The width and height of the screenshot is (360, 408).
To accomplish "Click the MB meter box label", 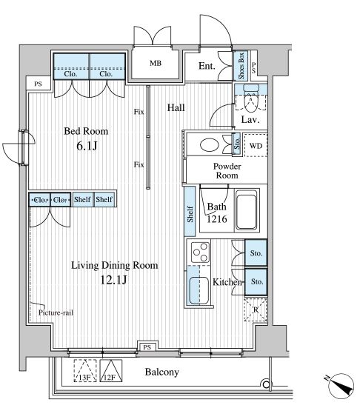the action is click(x=156, y=63).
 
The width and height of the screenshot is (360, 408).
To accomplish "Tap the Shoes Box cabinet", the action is click(x=241, y=66).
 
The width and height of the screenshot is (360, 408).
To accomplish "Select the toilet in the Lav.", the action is click(x=251, y=98).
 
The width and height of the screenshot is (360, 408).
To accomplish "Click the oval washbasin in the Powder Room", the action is click(x=210, y=145).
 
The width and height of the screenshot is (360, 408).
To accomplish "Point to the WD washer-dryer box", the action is click(x=256, y=145).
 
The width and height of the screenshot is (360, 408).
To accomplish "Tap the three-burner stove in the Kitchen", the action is click(x=200, y=253).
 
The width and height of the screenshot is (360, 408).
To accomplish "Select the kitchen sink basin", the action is click(x=199, y=290).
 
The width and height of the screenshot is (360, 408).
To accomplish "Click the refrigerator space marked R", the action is click(x=256, y=310).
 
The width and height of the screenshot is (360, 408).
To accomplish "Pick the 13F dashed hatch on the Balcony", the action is click(x=85, y=371).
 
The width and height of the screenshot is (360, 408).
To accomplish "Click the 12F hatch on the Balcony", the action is click(x=111, y=371).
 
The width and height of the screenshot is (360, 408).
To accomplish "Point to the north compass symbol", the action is click(x=341, y=387).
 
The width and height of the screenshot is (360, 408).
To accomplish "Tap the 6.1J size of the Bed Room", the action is click(x=87, y=146).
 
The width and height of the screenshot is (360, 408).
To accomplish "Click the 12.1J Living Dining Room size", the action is click(x=114, y=280).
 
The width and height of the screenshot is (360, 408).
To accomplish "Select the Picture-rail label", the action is click(x=56, y=312).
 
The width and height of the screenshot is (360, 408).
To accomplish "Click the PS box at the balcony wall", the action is click(x=147, y=347).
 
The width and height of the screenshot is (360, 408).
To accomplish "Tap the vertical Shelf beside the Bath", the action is click(x=190, y=212).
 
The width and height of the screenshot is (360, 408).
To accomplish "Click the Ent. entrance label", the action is click(x=207, y=66).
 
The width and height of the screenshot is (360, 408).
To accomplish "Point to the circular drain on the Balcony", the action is click(x=265, y=384).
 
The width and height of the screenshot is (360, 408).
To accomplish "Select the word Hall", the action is click(x=176, y=107).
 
